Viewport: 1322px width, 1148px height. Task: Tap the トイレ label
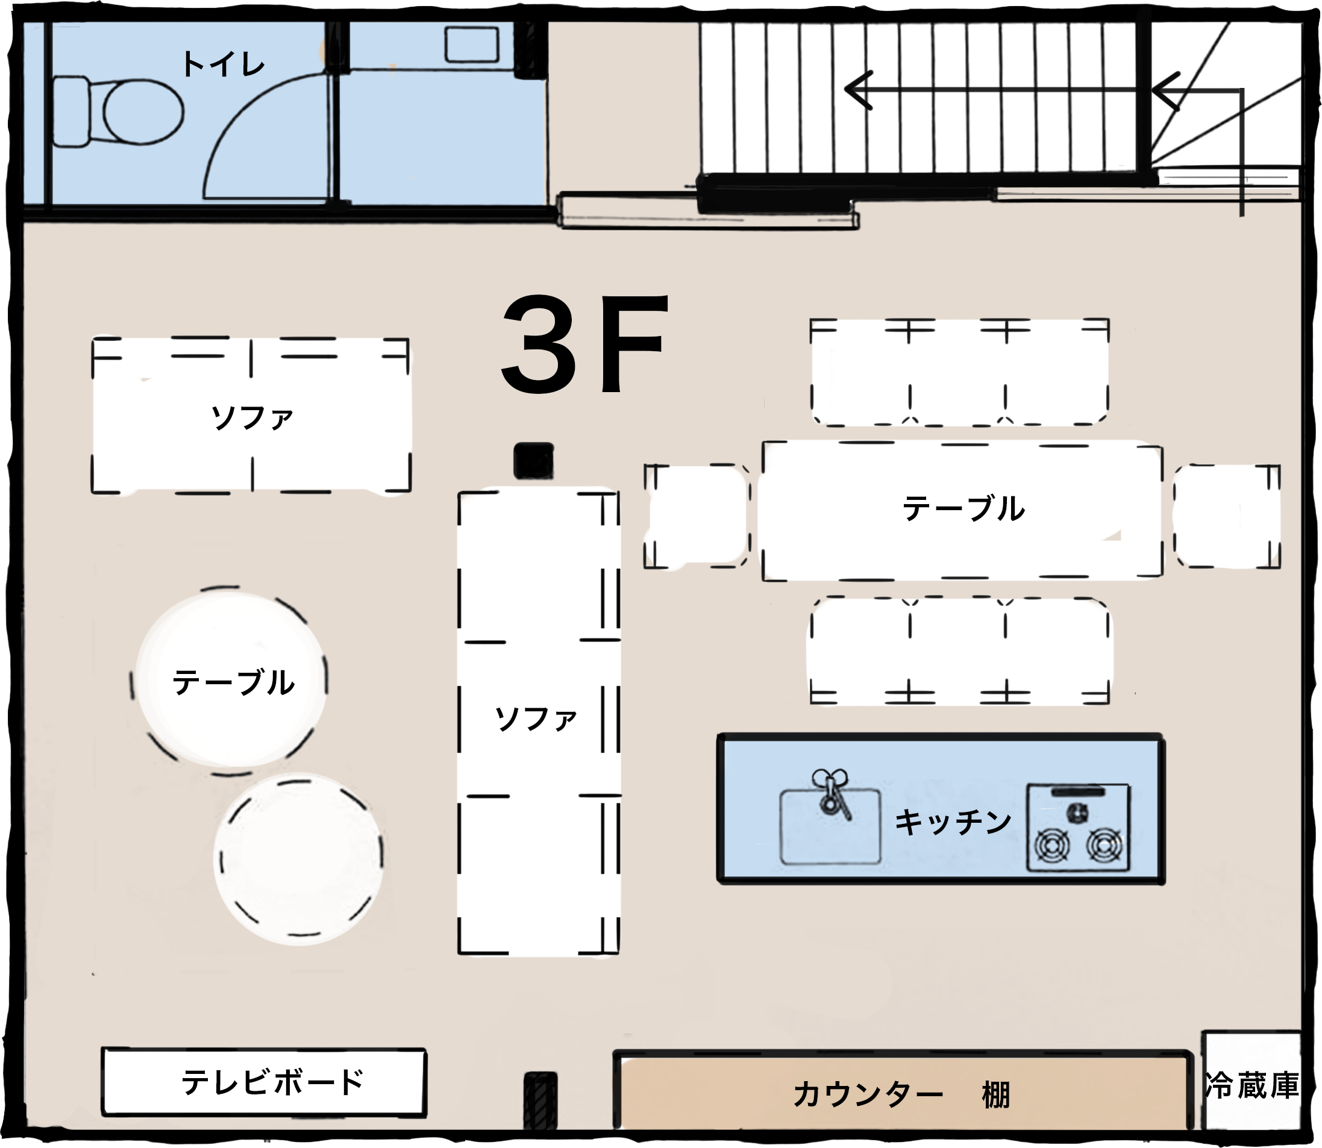point(223,64)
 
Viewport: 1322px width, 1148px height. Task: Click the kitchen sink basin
point(830,826)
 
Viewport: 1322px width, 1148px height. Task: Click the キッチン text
point(953,822)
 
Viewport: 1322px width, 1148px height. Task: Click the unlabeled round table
point(299,858)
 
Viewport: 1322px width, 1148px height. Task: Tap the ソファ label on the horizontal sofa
point(252,417)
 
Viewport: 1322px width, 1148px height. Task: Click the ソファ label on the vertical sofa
point(536,719)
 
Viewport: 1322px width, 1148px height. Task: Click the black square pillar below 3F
point(533,460)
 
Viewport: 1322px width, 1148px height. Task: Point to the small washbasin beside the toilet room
point(472,44)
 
